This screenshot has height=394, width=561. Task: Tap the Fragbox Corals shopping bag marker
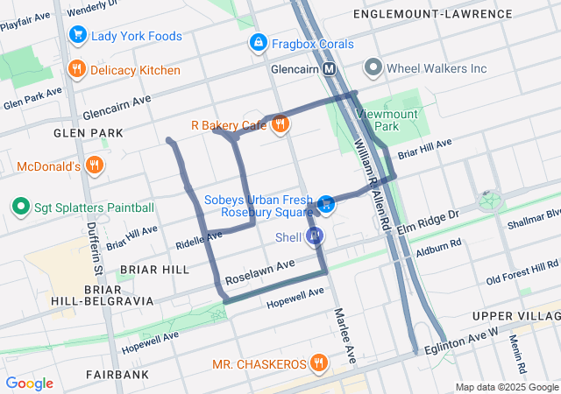pyautogui.click(x=258, y=43)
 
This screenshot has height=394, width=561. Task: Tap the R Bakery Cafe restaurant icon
pyautogui.click(x=280, y=125)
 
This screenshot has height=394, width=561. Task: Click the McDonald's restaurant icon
pyautogui.click(x=95, y=165)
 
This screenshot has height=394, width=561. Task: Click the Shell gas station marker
pyautogui.click(x=315, y=236)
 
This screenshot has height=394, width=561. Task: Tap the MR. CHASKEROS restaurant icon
pyautogui.click(x=319, y=362)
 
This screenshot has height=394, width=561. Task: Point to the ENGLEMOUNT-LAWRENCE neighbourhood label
pyautogui.click(x=432, y=14)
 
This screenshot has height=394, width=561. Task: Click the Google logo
pyautogui.click(x=30, y=383)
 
